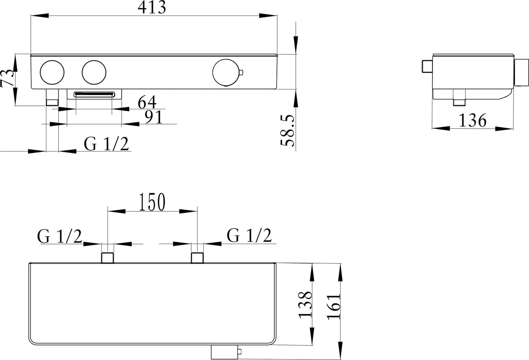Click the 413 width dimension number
click(152, 7)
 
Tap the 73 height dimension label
click(7, 78)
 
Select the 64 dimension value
click(147, 102)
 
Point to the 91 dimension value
click(154, 117)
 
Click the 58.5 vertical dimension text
click(287, 130)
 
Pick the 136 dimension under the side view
click(472, 120)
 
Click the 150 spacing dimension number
click(152, 202)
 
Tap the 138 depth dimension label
click(305, 305)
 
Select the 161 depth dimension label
click(334, 307)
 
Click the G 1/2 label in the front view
click(107, 144)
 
